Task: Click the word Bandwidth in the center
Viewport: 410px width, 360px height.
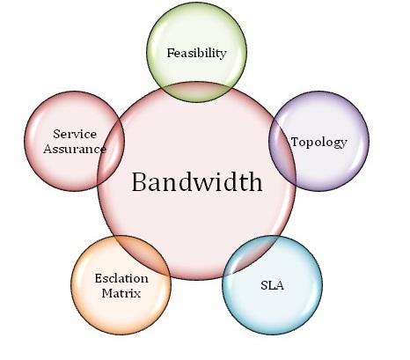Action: (x=197, y=182)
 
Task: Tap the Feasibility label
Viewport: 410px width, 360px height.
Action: (x=197, y=53)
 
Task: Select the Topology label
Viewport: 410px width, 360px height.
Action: (x=319, y=143)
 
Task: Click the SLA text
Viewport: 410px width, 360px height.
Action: (x=273, y=285)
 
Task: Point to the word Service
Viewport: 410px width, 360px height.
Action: (x=75, y=134)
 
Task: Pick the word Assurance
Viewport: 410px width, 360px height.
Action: (x=75, y=149)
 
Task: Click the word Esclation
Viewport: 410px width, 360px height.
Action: (x=121, y=278)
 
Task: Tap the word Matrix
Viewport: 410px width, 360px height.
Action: (x=121, y=293)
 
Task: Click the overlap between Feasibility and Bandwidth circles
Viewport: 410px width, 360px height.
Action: (x=197, y=92)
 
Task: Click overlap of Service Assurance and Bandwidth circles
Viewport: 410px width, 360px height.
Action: (x=111, y=152)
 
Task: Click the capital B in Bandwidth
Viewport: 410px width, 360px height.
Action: (x=139, y=182)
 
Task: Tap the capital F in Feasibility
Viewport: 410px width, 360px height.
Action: (x=171, y=53)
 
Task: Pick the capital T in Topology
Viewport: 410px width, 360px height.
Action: (x=296, y=142)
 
